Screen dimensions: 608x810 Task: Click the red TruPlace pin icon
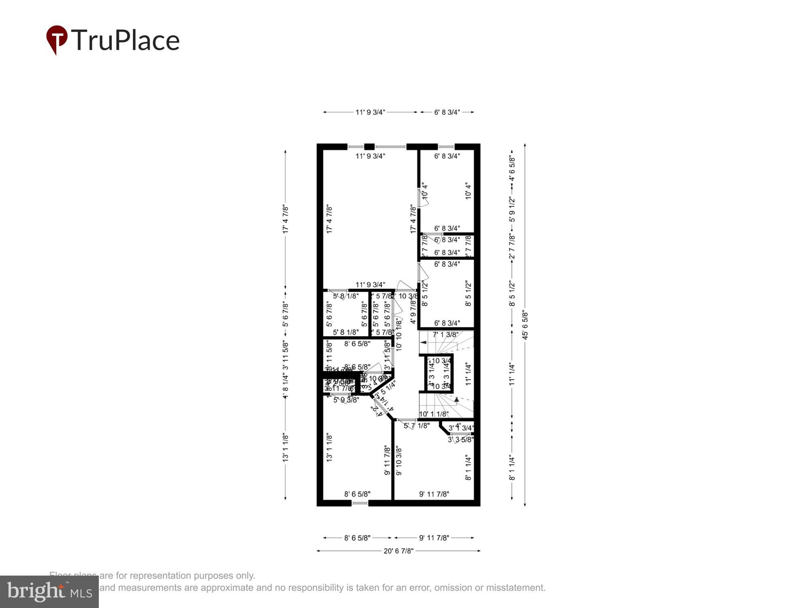point(56,39)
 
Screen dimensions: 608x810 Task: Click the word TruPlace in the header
point(126,40)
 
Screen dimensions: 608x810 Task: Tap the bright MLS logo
point(49,591)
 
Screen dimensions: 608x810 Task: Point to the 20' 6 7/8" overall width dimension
point(398,551)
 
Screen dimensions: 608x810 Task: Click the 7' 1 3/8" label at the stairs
point(446,335)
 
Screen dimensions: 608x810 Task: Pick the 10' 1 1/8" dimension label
point(434,414)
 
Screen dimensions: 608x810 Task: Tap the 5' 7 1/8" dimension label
point(417,426)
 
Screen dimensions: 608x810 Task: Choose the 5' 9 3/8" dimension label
point(346,400)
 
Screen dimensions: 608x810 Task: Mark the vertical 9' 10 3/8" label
point(399,461)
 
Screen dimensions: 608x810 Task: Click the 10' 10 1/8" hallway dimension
point(399,334)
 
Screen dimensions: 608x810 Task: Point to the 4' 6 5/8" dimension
point(512,168)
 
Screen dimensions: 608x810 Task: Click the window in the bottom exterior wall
point(360,503)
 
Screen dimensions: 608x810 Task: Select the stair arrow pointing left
point(423,343)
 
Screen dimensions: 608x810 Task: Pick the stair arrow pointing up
point(456,399)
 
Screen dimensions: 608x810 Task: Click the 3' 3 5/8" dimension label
point(461,439)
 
